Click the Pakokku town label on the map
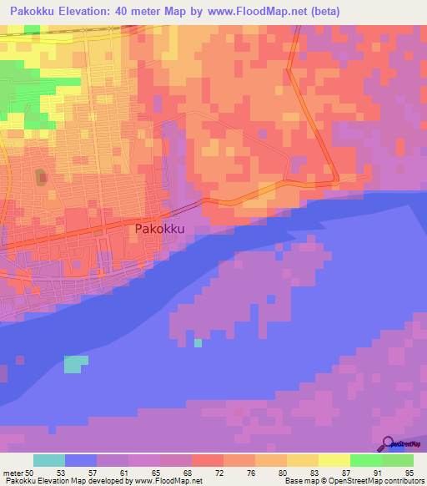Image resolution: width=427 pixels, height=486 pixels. [x=158, y=229]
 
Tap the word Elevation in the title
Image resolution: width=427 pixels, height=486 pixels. [x=91, y=12]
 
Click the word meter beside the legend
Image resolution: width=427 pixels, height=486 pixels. [x=13, y=473]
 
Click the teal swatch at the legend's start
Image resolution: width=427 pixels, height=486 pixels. [x=49, y=460]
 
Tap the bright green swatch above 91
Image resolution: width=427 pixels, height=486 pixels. [x=365, y=460]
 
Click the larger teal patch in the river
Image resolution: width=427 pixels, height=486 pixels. [x=75, y=364]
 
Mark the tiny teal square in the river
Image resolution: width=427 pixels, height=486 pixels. [x=198, y=342]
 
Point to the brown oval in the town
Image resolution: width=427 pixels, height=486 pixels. [x=40, y=179]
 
